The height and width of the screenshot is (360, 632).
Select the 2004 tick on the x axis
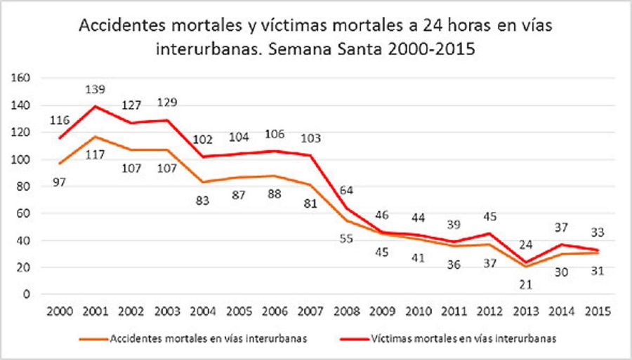click(x=202, y=311)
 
